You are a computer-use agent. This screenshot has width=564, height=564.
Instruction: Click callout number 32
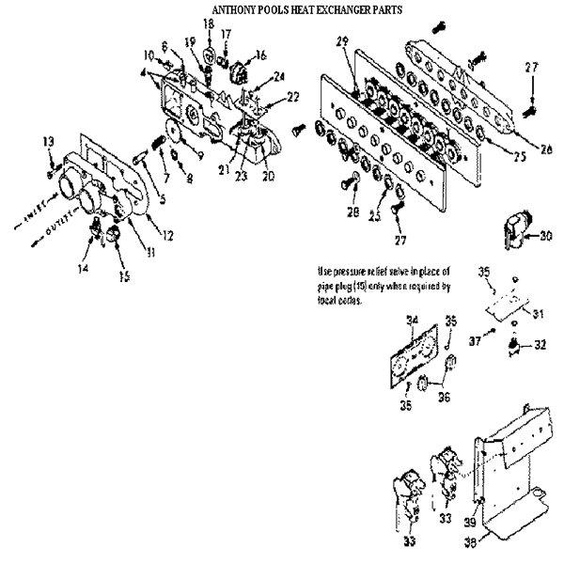tap(540, 346)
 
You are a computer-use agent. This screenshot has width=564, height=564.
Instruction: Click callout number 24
tap(278, 75)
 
